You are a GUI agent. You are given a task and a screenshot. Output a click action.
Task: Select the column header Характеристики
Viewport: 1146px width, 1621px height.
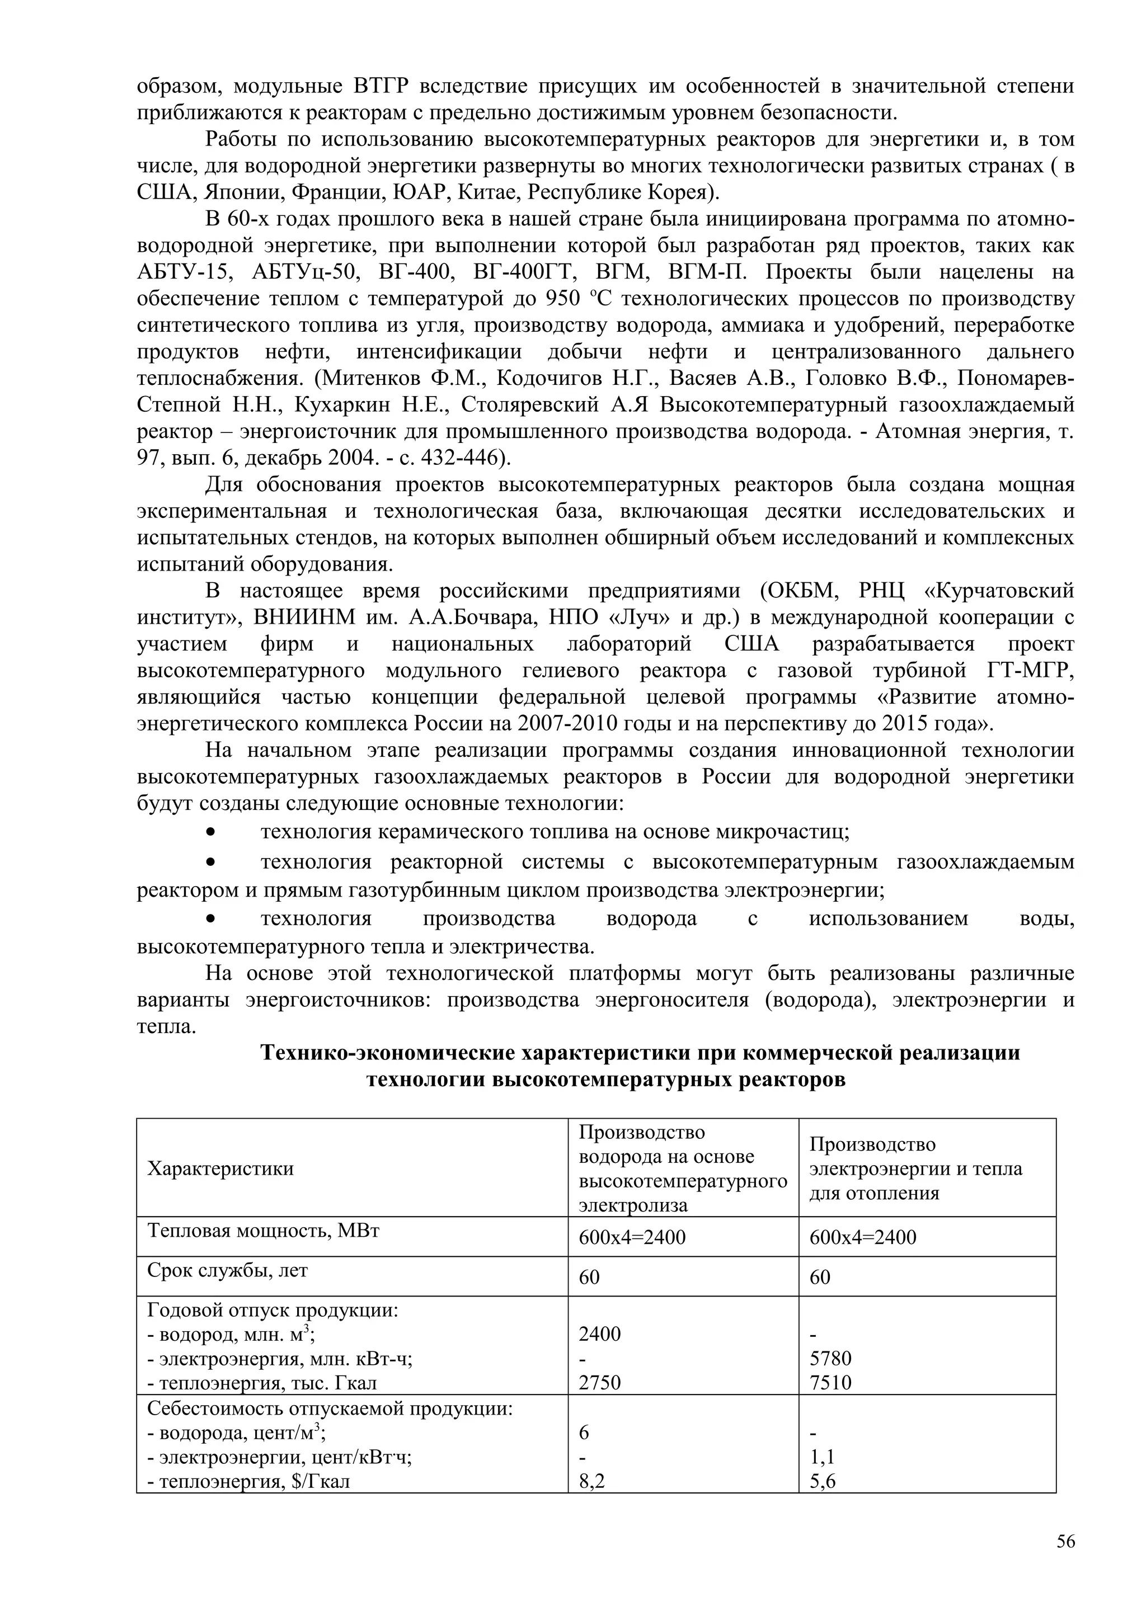pyautogui.click(x=220, y=1168)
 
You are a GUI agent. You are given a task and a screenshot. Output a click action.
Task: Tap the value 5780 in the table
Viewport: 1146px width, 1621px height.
pyautogui.click(x=830, y=1358)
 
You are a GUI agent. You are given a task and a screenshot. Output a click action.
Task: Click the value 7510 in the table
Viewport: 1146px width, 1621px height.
pyautogui.click(x=830, y=1382)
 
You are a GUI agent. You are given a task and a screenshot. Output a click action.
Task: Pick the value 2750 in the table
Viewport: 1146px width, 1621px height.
pyautogui.click(x=599, y=1382)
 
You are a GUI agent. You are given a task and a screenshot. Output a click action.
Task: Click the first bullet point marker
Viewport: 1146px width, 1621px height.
pyautogui.click(x=210, y=833)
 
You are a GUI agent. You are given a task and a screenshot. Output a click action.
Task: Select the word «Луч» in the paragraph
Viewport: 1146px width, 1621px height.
pyautogui.click(x=638, y=617)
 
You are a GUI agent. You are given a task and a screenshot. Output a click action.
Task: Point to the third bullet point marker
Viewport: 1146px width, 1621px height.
pyautogui.click(x=210, y=918)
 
